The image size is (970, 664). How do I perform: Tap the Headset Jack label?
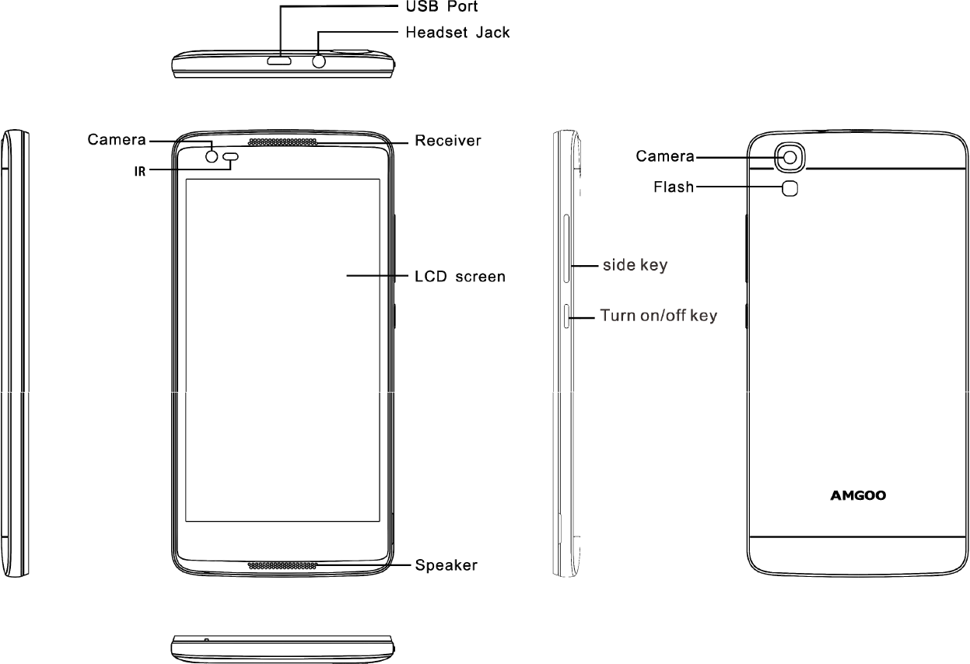pyautogui.click(x=459, y=33)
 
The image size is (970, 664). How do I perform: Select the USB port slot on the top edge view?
pyautogui.click(x=278, y=61)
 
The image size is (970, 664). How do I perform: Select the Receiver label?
pyautogui.click(x=447, y=142)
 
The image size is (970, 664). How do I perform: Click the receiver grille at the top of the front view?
pyautogui.click(x=283, y=143)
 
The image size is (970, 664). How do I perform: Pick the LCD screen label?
pyautogui.click(x=460, y=276)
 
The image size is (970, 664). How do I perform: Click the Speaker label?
pyautogui.click(x=446, y=565)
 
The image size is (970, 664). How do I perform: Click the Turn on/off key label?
pyautogui.click(x=658, y=316)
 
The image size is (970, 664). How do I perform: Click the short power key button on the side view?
pyautogui.click(x=567, y=317)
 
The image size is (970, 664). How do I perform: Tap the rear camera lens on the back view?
pyautogui.click(x=790, y=157)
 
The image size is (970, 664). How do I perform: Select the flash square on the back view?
pyautogui.click(x=790, y=187)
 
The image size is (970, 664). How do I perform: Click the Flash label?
pyautogui.click(x=672, y=187)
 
